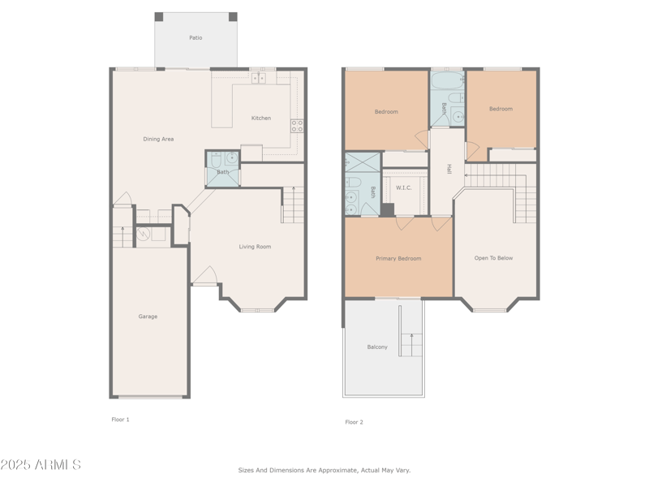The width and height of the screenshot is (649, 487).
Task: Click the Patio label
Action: (x=196, y=38)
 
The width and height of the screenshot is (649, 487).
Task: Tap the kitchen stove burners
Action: (x=298, y=126)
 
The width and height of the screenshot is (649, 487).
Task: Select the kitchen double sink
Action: (x=258, y=78)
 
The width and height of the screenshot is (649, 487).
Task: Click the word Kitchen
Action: (x=261, y=119)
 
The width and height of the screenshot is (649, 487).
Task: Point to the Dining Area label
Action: (x=158, y=139)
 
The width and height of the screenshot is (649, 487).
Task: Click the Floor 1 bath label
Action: (x=222, y=172)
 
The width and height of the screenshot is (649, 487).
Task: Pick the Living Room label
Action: (x=255, y=247)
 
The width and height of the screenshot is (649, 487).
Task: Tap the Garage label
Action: (x=148, y=317)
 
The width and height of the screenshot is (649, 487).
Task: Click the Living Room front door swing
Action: (x=204, y=276)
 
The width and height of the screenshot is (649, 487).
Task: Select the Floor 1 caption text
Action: (x=120, y=420)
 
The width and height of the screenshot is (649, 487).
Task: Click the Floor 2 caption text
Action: (x=354, y=422)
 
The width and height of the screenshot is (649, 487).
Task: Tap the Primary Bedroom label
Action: (x=398, y=259)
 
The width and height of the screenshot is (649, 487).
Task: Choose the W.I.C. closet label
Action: (x=404, y=188)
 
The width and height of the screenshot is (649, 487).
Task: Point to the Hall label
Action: (x=449, y=169)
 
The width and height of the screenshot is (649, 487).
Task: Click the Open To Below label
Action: (x=493, y=259)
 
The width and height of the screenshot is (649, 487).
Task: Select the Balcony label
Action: (x=377, y=347)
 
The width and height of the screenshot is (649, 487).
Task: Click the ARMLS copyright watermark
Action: (x=41, y=465)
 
